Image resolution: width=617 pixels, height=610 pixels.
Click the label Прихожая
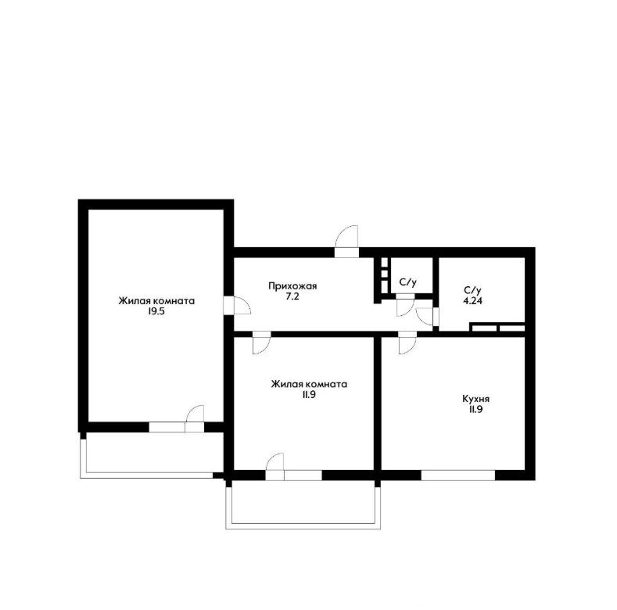[x=292, y=286]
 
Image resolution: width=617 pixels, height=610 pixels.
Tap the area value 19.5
[x=156, y=313]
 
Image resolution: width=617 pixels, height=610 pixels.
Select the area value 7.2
[x=292, y=297]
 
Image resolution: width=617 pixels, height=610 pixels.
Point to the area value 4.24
[x=472, y=301]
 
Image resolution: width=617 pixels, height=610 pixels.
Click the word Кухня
[x=475, y=399]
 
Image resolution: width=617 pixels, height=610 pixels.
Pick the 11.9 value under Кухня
[x=475, y=410]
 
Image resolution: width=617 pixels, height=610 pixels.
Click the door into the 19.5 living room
[x=237, y=306]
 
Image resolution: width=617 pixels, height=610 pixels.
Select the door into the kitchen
[x=407, y=343]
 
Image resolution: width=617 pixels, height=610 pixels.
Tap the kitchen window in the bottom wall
[x=458, y=475]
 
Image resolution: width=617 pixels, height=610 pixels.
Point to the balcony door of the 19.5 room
[x=195, y=418]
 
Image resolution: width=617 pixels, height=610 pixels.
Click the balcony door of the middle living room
[x=274, y=466]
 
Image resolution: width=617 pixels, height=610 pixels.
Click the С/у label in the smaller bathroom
[x=407, y=282]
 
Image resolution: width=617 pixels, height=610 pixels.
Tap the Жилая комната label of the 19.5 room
[x=156, y=301]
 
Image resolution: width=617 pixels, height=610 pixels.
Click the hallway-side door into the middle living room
[x=261, y=343]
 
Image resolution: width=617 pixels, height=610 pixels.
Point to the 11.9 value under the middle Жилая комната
[x=309, y=395]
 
